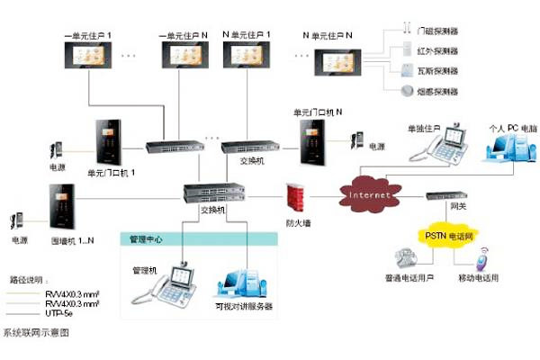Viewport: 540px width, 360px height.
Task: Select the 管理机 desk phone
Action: [171, 287]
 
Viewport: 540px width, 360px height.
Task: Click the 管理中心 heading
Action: [145, 239]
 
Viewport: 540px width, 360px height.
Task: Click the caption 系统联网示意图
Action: [35, 332]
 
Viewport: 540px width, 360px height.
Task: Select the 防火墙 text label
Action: [299, 221]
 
